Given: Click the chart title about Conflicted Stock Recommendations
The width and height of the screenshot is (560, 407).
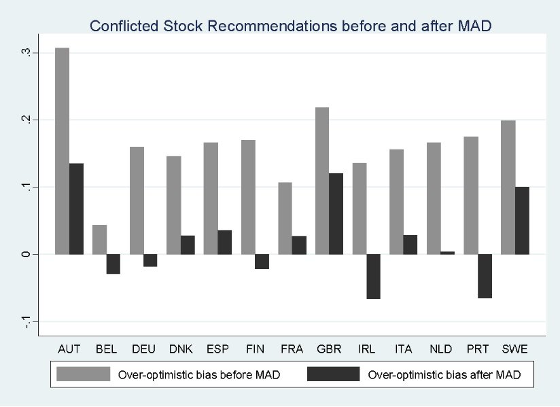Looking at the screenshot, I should (290, 26).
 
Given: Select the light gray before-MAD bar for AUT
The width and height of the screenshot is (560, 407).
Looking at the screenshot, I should (63, 151).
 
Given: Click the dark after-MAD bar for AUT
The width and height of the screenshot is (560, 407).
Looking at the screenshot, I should (76, 209).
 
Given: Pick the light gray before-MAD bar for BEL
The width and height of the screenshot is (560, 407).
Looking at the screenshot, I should (99, 239).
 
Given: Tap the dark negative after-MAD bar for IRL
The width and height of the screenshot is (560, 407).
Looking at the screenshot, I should (373, 276).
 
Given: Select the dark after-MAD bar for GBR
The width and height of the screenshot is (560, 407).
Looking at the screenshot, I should (336, 213).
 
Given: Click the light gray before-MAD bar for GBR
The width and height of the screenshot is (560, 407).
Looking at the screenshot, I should (322, 181).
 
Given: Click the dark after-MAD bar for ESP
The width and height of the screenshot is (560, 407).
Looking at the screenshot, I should (224, 242).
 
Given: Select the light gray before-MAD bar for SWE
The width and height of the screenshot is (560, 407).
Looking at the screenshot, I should (508, 187).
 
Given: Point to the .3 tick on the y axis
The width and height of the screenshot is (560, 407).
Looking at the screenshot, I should (26, 52).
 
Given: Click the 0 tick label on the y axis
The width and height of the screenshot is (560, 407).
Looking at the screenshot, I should (26, 254).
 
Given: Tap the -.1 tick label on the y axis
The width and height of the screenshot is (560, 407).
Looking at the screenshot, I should (26, 322).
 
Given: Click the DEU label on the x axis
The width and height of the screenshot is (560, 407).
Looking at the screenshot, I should (143, 349).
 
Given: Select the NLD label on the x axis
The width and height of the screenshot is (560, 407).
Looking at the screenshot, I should (440, 349).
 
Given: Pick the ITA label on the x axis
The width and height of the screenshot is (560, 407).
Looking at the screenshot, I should (403, 349).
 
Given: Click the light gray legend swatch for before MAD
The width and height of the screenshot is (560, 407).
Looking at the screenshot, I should (83, 374).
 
